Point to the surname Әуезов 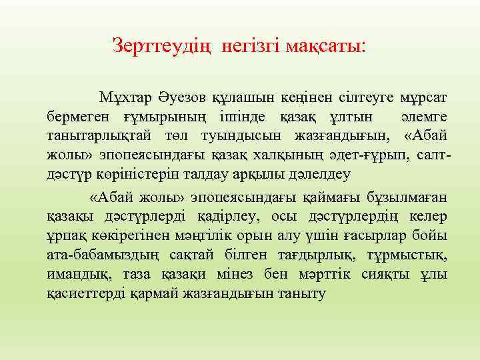point(180,98)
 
